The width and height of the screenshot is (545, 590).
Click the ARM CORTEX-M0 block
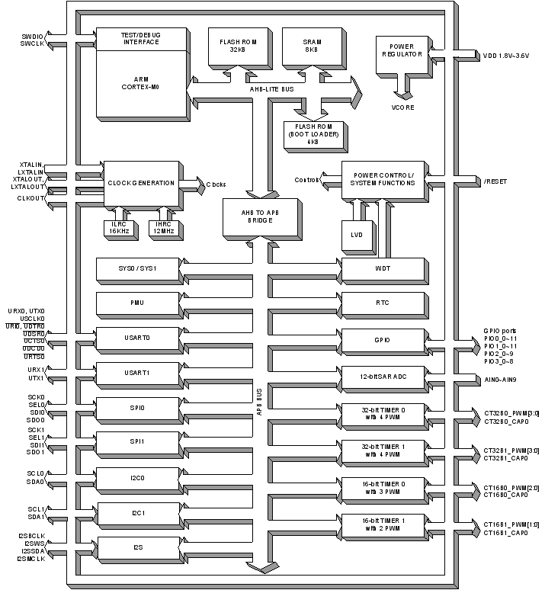(142, 83)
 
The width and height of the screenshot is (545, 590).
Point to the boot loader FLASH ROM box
(313, 134)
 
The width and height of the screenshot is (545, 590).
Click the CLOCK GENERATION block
(141, 183)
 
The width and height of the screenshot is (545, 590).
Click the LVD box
(357, 235)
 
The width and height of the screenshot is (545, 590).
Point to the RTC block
(382, 303)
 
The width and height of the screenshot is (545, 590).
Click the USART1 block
(137, 373)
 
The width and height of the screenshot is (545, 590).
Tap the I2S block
(137, 547)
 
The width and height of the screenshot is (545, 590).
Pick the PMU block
(137, 303)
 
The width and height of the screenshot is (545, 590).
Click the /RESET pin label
(495, 182)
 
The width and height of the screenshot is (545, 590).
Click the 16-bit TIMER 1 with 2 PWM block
(382, 524)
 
